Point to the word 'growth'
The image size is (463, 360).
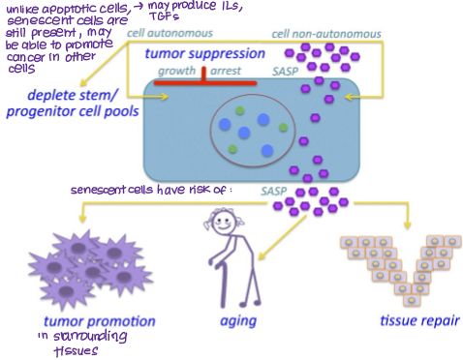[176, 72]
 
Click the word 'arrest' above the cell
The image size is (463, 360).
[230, 72]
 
